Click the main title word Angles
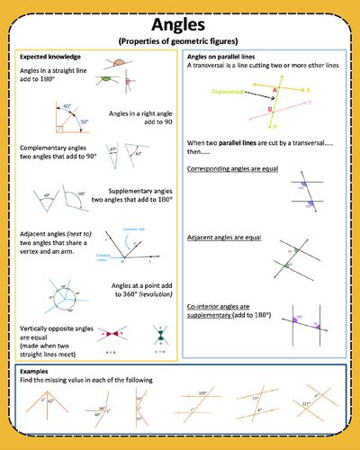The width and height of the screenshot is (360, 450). [x=180, y=24]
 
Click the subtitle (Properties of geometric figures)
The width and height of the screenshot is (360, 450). [x=180, y=41]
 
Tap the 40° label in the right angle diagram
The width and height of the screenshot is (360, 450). [x=67, y=107]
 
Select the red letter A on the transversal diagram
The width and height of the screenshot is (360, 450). [x=273, y=89]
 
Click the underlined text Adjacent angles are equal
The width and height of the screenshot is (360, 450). [x=223, y=237]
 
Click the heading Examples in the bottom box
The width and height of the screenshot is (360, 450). [x=35, y=372]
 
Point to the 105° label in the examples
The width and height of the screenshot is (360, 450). [x=203, y=393]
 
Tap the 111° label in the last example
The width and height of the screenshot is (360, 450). [x=308, y=404]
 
